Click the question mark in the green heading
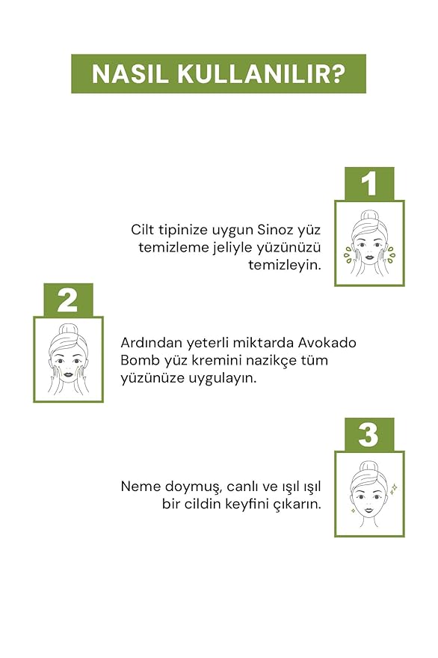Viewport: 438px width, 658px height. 337,74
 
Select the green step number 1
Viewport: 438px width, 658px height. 368,184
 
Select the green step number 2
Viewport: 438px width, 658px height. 68,300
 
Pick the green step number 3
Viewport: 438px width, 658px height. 368,434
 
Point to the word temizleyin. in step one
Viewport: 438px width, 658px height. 285,265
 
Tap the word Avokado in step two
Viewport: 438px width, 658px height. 327,342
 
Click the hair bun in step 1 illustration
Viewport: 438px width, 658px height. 368,216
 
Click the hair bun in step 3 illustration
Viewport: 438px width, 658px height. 368,466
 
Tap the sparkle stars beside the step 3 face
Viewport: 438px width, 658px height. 393,489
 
